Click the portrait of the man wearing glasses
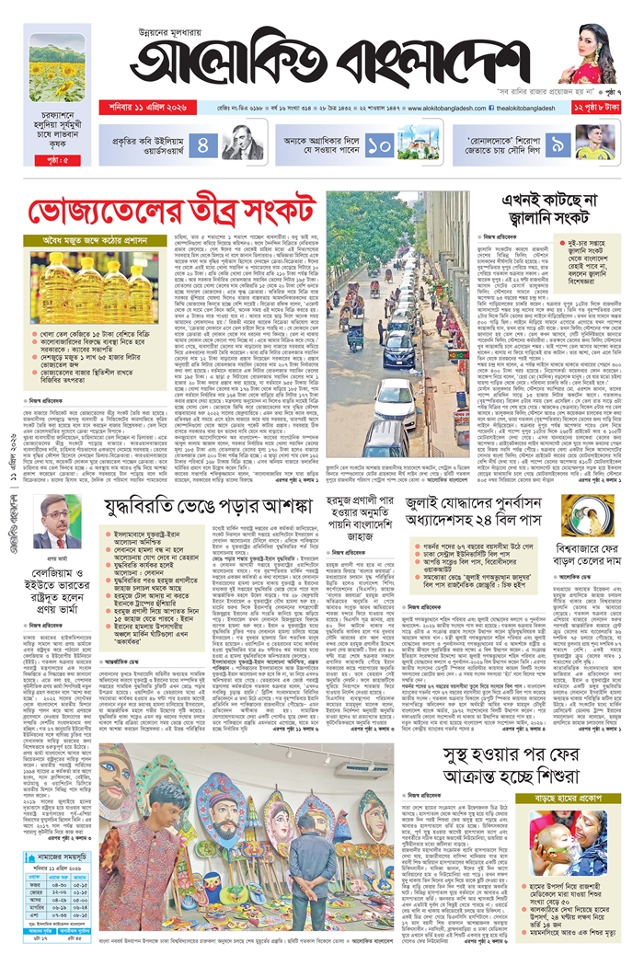pyautogui.click(x=56, y=521)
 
